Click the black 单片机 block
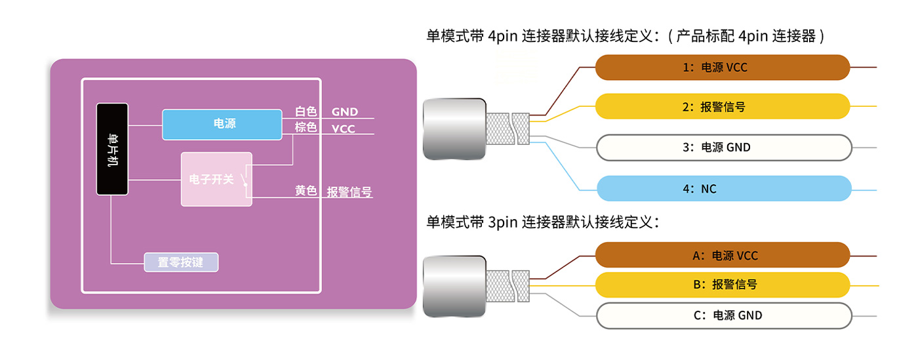[x=112, y=149]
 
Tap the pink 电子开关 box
[x=216, y=179]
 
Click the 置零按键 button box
[x=180, y=262]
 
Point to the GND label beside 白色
[x=345, y=112]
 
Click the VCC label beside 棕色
[x=343, y=129]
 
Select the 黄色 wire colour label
[x=306, y=191]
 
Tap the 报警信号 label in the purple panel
[x=349, y=192]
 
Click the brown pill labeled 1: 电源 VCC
[x=722, y=68]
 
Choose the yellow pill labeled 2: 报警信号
[x=722, y=106]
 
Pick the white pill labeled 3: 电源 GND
[x=722, y=148]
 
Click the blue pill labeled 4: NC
[x=722, y=189]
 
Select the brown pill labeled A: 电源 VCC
[x=722, y=256]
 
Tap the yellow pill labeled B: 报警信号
[x=722, y=285]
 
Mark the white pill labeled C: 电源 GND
[x=722, y=315]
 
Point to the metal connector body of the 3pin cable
[x=454, y=286]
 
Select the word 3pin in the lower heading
[x=503, y=222]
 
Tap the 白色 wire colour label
[x=306, y=112]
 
